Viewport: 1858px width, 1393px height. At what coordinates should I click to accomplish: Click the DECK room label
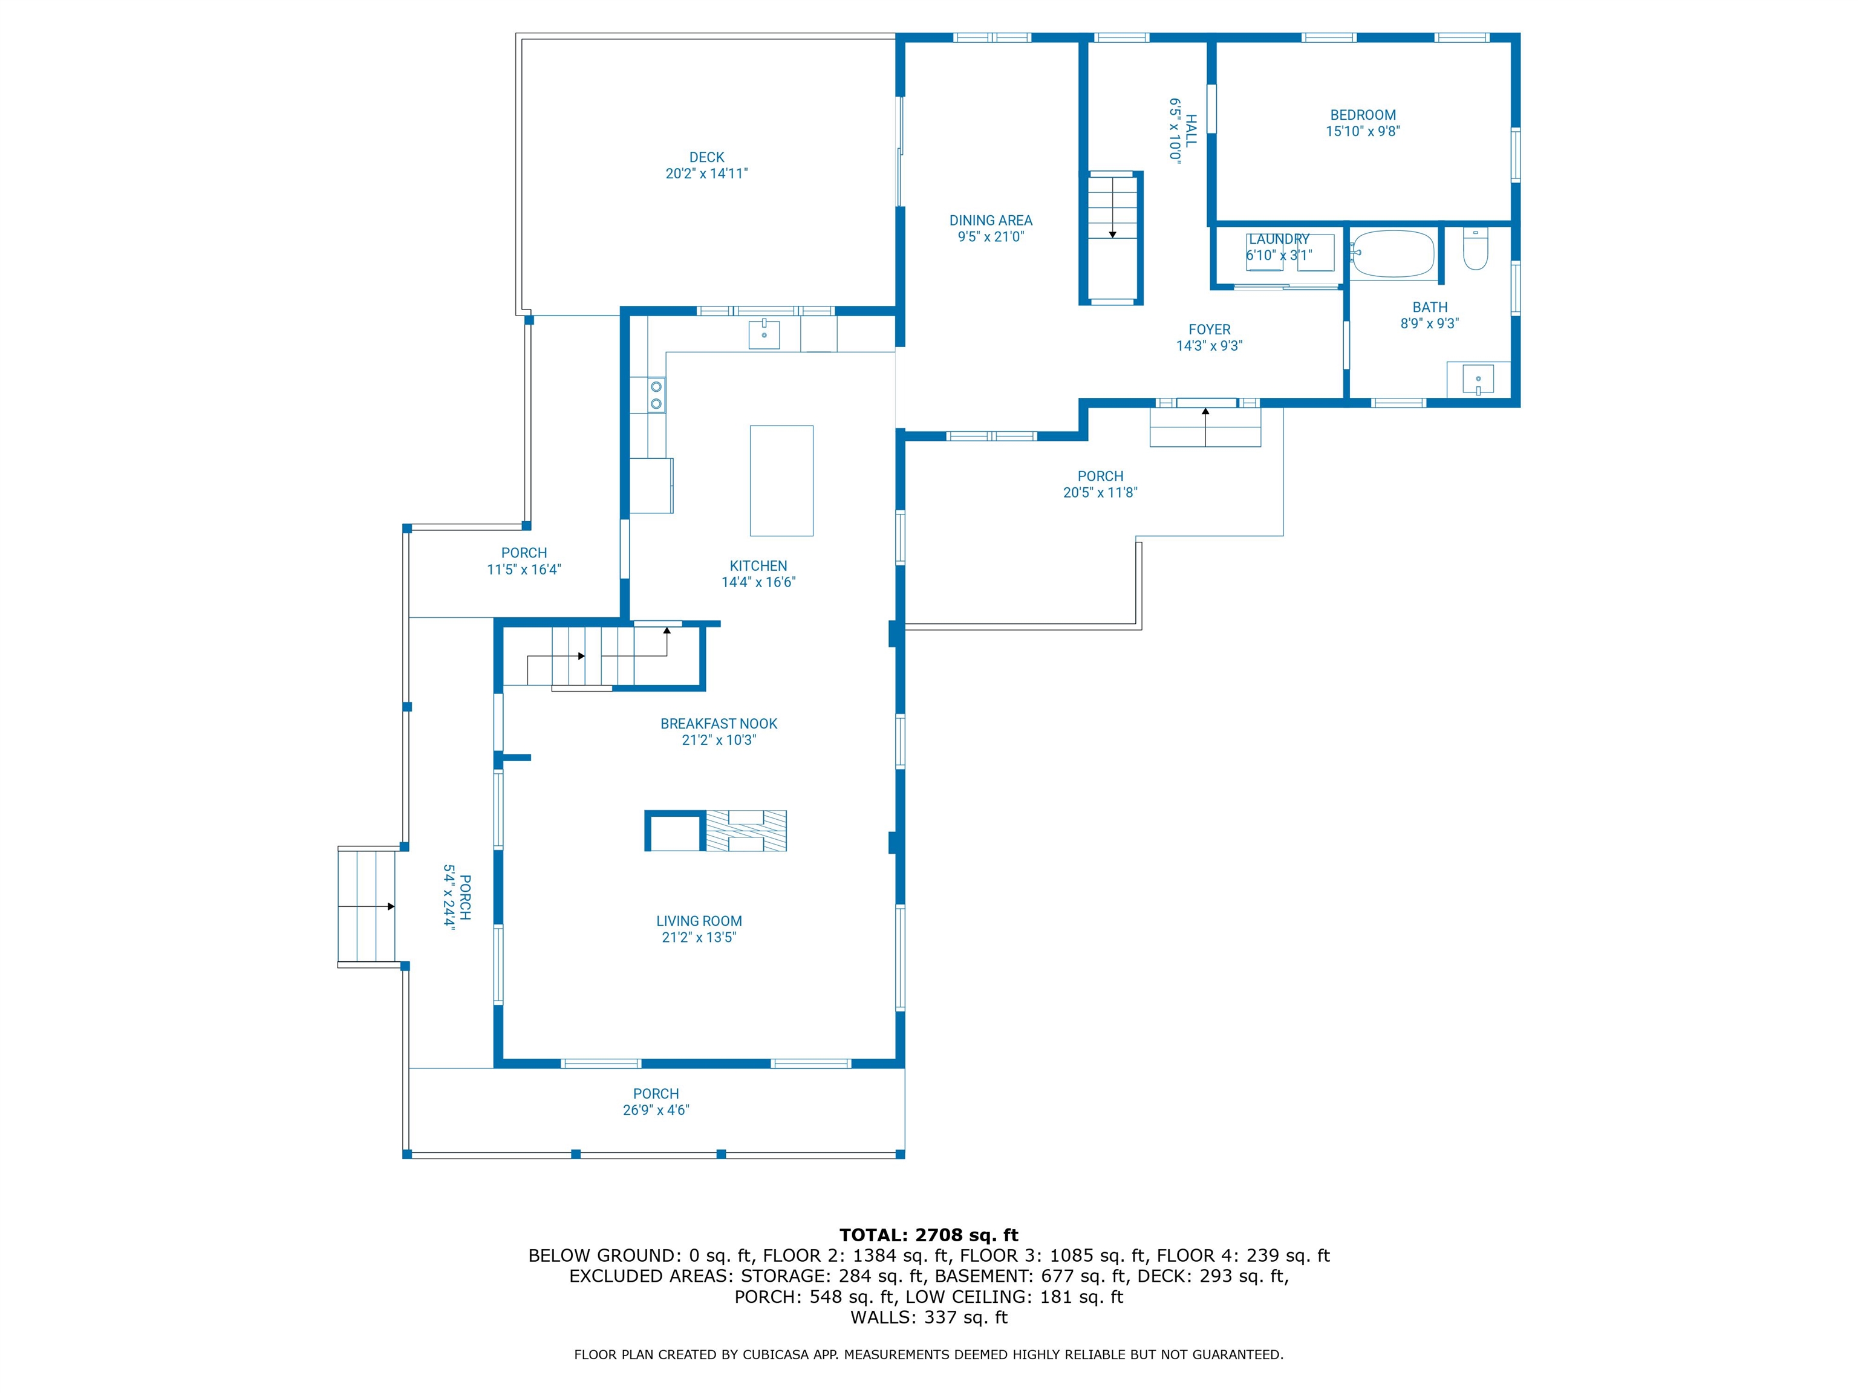(706, 157)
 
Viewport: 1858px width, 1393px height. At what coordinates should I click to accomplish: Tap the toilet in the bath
(1475, 248)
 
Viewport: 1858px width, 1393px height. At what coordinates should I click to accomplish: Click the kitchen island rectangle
(781, 480)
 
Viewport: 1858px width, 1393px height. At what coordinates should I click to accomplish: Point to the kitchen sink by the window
(764, 334)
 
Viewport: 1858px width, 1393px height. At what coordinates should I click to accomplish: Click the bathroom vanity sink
(1478, 378)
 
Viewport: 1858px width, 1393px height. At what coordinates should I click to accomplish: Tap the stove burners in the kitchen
(656, 395)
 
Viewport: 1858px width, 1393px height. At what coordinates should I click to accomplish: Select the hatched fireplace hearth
(746, 831)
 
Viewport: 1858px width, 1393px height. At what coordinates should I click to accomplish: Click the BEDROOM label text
(1363, 115)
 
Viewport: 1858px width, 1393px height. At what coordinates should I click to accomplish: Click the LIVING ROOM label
(699, 921)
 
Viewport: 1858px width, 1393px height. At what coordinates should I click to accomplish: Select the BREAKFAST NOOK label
(719, 724)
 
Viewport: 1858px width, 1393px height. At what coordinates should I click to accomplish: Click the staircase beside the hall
(1112, 237)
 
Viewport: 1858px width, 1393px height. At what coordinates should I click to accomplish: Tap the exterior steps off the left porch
(367, 907)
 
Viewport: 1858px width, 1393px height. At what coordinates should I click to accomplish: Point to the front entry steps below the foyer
(1205, 427)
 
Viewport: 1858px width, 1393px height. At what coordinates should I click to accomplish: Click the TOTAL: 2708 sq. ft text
(928, 1235)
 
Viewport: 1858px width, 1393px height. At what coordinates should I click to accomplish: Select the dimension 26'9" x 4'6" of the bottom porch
(656, 1110)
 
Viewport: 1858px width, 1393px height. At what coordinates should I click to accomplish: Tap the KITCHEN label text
(758, 566)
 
